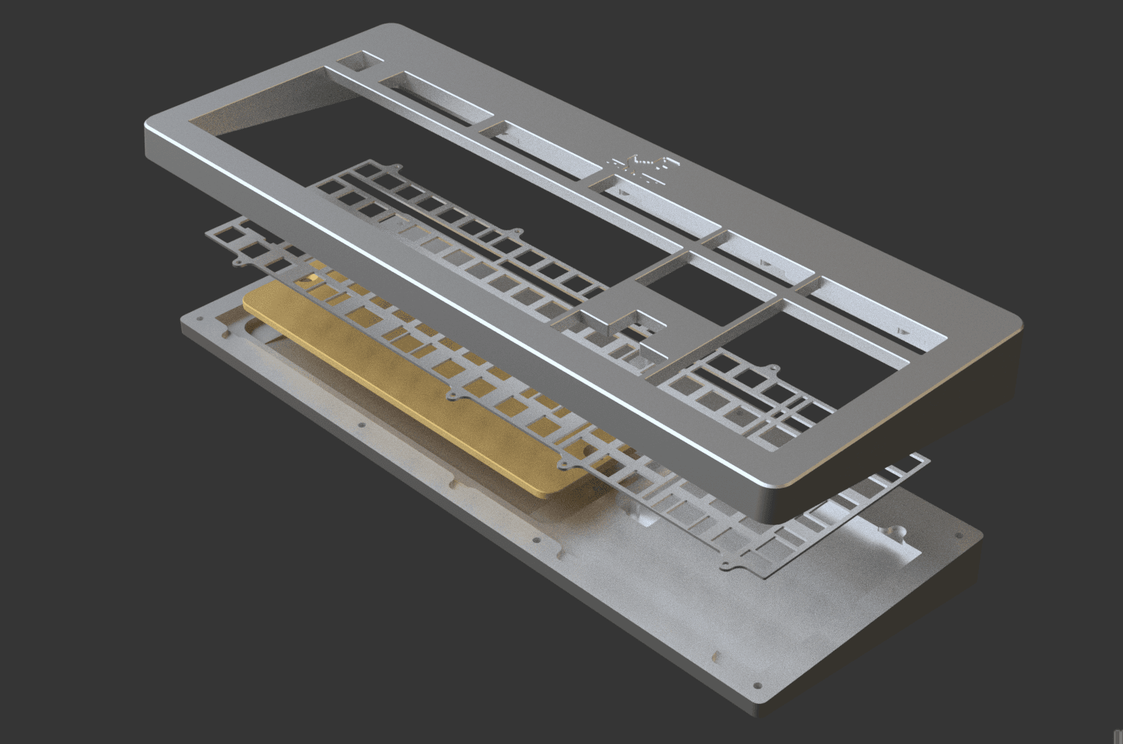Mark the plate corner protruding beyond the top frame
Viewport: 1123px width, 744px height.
tap(916, 461)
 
